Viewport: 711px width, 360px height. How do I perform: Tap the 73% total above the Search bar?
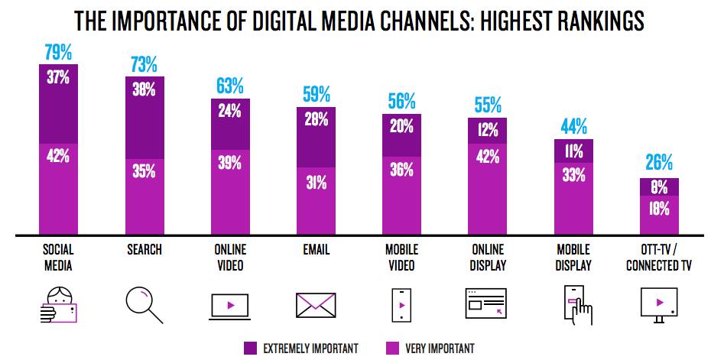pyautogui.click(x=144, y=63)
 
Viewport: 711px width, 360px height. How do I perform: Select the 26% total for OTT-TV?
pyautogui.click(x=658, y=162)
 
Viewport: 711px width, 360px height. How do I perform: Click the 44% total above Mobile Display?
pyautogui.click(x=573, y=125)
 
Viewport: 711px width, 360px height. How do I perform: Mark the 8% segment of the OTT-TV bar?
pyautogui.click(x=658, y=186)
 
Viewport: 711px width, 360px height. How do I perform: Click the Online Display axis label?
pyautogui.click(x=487, y=258)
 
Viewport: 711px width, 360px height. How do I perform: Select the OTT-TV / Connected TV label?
pyautogui.click(x=658, y=258)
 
